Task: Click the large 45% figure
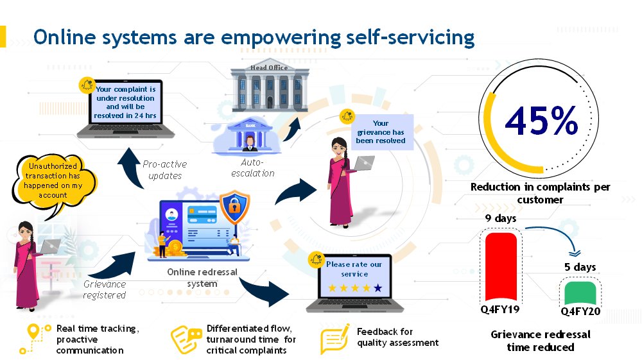541,121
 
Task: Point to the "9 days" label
501,219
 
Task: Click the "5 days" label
580,267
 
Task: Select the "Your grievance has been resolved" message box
380,132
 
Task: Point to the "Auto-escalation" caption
258,168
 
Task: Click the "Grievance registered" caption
105,289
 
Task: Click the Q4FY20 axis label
580,313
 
